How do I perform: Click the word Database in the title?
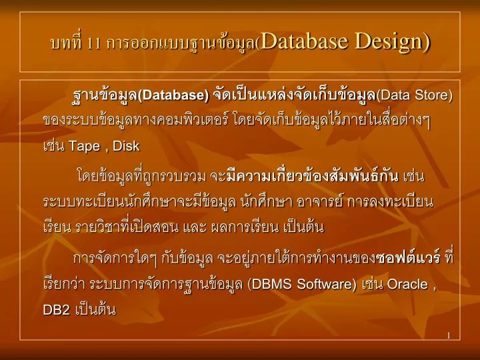[x=305, y=41]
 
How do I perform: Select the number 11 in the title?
[x=94, y=44]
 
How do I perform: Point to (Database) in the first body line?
[x=173, y=95]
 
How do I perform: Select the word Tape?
[x=84, y=147]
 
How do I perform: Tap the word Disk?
[x=126, y=146]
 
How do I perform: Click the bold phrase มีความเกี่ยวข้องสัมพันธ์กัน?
[x=313, y=176]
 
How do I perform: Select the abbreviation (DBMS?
[x=269, y=284]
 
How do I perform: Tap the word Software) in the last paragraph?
[x=327, y=284]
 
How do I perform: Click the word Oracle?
[x=407, y=284]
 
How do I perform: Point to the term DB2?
[x=57, y=310]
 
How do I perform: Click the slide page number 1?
[x=449, y=336]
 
